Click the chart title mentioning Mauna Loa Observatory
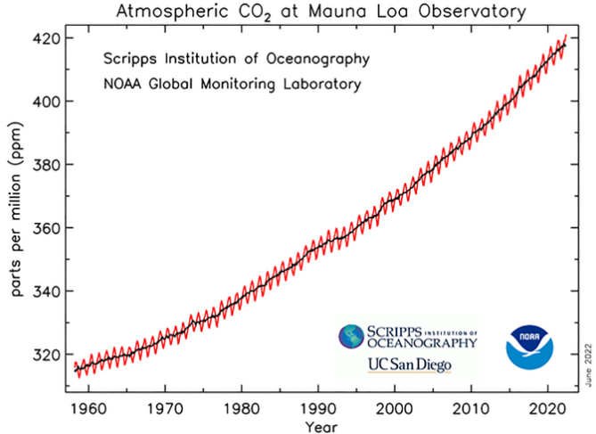click(322, 12)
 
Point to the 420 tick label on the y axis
click(46, 39)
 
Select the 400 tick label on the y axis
click(46, 102)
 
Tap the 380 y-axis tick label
click(46, 166)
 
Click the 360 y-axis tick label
click(46, 229)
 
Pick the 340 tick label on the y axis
click(46, 292)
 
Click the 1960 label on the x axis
click(88, 409)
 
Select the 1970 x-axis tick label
click(165, 409)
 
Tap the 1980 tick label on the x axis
click(241, 409)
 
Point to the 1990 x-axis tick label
click(319, 409)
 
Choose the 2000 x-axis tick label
click(395, 409)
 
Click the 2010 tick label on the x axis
click(471, 409)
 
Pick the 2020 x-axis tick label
click(548, 409)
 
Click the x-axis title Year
click(322, 427)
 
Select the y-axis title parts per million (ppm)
click(17, 209)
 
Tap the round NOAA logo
click(529, 347)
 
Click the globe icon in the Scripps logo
click(351, 337)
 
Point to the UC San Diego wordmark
click(410, 365)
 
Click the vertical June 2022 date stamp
click(589, 365)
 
